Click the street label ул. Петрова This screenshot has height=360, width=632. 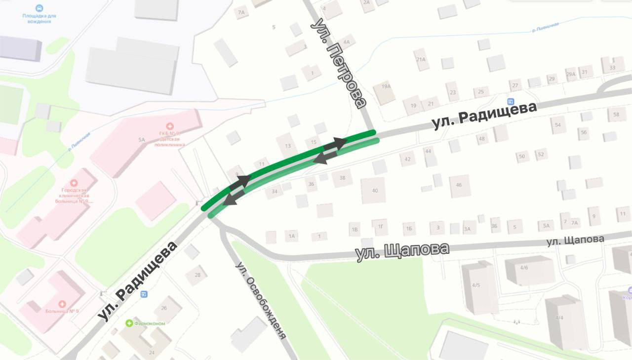pyautogui.click(x=340, y=64)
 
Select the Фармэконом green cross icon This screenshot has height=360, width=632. pyautogui.click(x=129, y=323)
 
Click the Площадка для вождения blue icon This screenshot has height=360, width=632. pyautogui.click(x=39, y=8)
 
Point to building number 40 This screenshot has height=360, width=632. pyautogui.click(x=375, y=191)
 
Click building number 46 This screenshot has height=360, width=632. pyautogui.click(x=459, y=185)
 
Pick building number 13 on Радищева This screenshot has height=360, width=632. pyautogui.click(x=288, y=146)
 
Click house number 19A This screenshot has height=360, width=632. pyautogui.click(x=386, y=86)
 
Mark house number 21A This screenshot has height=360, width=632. pyautogui.click(x=421, y=59)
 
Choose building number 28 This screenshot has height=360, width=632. pyautogui.click(x=197, y=275)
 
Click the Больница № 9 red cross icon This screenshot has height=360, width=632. pyautogui.click(x=62, y=304)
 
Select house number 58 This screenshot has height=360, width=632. pyautogui.click(x=616, y=115)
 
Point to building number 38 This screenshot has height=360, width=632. pyautogui.click(x=342, y=178)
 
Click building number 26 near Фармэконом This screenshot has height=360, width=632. pyautogui.click(x=164, y=308)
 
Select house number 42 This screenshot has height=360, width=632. pyautogui.click(x=407, y=159)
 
